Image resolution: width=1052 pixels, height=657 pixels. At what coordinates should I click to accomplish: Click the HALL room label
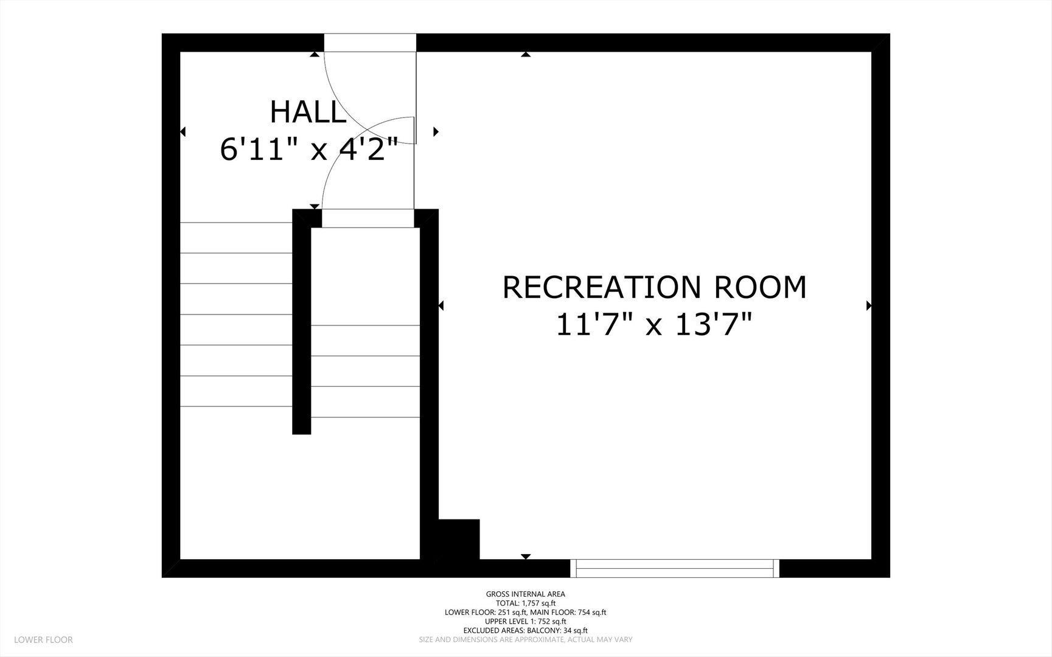click(x=308, y=113)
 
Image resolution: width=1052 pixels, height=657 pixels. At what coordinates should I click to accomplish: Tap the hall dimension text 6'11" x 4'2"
click(x=308, y=150)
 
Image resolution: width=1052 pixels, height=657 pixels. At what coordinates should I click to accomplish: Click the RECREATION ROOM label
click(x=655, y=287)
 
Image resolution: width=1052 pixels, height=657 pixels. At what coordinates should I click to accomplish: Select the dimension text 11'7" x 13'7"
click(x=655, y=324)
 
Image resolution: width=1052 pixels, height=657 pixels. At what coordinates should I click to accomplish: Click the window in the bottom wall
click(x=675, y=568)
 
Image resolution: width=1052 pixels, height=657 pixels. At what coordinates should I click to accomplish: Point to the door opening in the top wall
click(x=370, y=43)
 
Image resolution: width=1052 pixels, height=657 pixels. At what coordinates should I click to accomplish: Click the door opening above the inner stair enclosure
click(x=368, y=218)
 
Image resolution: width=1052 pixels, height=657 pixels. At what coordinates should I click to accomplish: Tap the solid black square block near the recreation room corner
click(x=459, y=539)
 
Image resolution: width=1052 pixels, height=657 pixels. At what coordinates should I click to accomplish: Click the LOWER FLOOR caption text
click(x=43, y=639)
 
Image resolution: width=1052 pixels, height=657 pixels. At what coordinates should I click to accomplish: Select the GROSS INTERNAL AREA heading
click(x=526, y=594)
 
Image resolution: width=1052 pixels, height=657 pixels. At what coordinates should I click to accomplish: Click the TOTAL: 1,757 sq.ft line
click(x=526, y=603)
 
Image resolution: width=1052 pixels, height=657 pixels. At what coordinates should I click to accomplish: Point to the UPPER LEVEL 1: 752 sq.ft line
click(x=526, y=621)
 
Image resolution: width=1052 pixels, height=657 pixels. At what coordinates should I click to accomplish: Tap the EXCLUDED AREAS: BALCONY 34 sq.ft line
click(x=526, y=630)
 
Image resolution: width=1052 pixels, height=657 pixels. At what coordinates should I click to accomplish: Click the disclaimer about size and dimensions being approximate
click(x=526, y=639)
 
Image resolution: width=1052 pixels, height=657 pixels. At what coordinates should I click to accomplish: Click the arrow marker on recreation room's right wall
click(x=869, y=305)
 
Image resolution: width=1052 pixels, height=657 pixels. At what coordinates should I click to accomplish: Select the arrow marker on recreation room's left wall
click(x=441, y=305)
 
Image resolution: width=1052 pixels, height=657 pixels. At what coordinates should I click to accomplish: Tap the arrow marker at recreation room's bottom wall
click(x=526, y=556)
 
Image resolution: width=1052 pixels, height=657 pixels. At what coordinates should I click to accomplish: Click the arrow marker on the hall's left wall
click(x=183, y=131)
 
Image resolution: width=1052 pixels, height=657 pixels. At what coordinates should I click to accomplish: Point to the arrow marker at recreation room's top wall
click(x=526, y=55)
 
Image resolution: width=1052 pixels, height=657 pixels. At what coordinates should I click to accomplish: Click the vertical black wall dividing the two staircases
click(x=302, y=322)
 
